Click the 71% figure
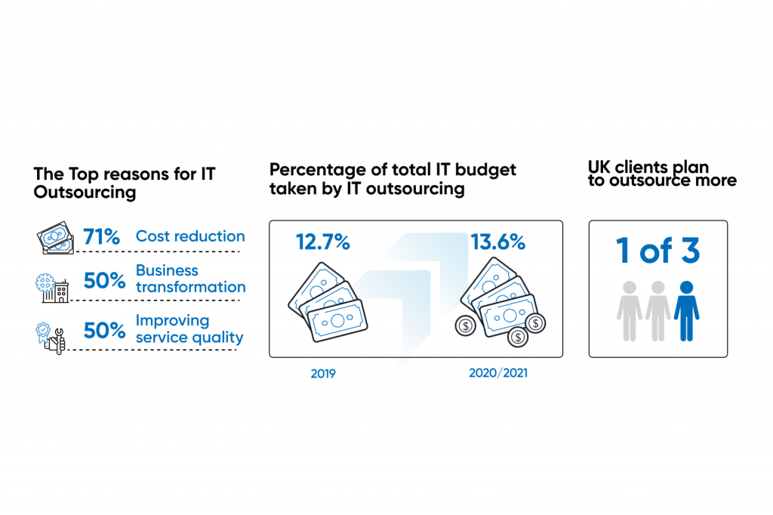(x=102, y=237)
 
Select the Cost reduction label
(x=190, y=236)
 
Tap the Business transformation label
(x=190, y=279)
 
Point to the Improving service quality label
(x=189, y=328)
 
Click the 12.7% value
(x=322, y=242)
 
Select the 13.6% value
(x=497, y=242)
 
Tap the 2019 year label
(x=323, y=373)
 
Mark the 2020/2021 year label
(x=497, y=373)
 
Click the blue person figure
(x=686, y=310)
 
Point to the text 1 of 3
(x=658, y=252)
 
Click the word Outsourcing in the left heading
(x=85, y=193)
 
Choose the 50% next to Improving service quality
(x=104, y=331)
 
